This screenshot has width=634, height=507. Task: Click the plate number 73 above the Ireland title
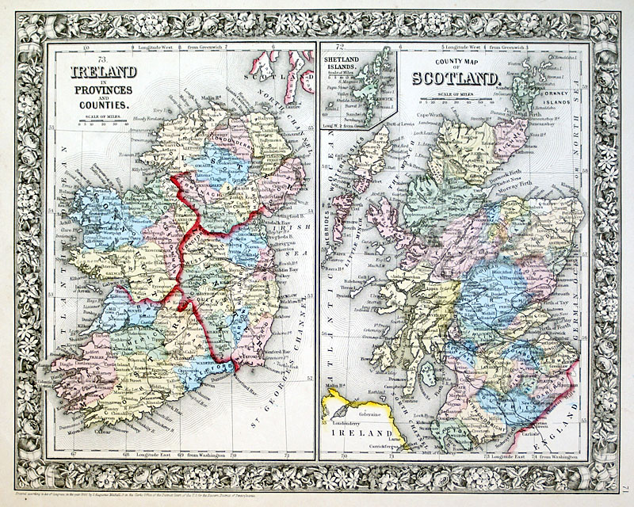pos(101,60)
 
